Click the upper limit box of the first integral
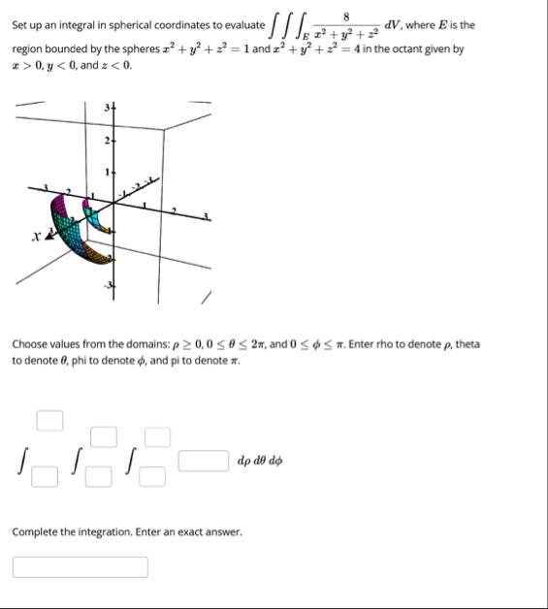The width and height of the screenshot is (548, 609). click(49, 421)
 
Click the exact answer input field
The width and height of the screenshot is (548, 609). click(81, 566)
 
